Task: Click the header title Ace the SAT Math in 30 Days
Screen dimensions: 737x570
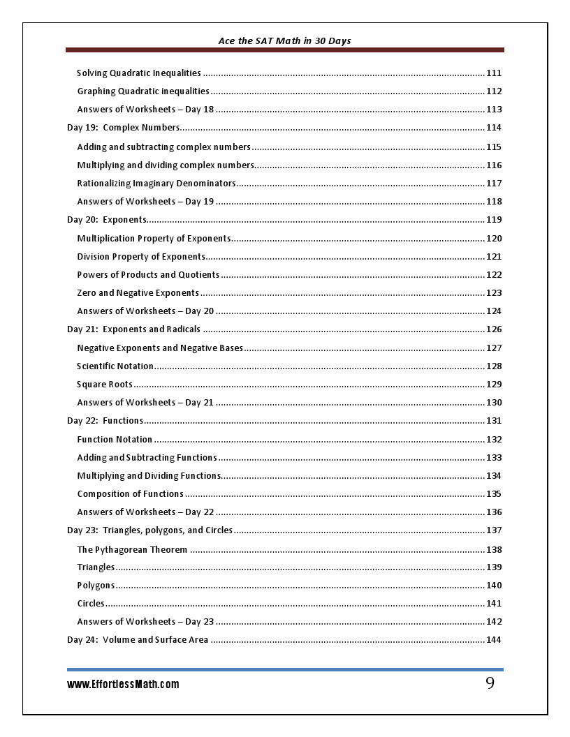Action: pos(284,41)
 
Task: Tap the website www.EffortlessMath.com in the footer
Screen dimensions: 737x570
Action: pos(123,685)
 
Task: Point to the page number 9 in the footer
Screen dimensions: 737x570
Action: pos(490,683)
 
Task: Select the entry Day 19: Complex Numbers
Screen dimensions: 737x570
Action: pos(124,128)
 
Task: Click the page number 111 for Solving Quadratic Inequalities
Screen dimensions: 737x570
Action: pos(494,73)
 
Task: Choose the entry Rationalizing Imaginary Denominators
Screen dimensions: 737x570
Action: pos(156,184)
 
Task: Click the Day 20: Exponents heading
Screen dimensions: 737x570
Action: pos(107,220)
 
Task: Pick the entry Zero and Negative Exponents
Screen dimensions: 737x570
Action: pos(138,293)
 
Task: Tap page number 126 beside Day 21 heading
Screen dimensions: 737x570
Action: pos(494,329)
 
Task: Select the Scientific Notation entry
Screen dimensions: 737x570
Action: pos(115,366)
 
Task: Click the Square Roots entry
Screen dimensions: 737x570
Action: pos(105,385)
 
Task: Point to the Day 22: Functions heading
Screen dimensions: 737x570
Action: pos(105,421)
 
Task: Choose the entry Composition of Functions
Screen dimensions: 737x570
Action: pos(130,494)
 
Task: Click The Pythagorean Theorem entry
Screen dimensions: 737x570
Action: pos(132,550)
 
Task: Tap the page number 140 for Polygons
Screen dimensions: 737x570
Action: pos(494,586)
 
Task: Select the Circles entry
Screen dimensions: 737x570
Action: pos(91,604)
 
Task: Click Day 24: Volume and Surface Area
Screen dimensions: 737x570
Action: pos(138,640)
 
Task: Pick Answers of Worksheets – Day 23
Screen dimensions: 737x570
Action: pos(145,622)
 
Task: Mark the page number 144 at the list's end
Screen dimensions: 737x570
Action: pos(494,640)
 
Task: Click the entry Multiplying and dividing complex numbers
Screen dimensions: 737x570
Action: pos(166,165)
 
